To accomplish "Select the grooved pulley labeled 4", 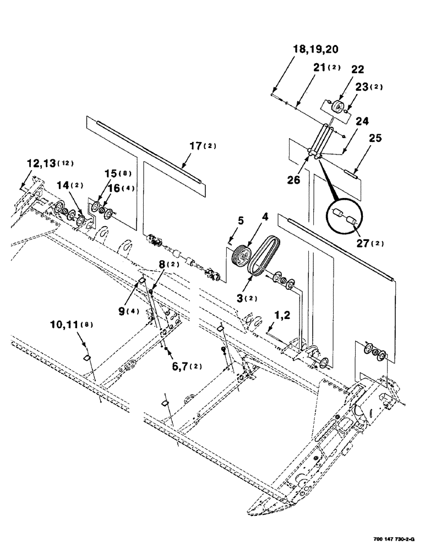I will point(241,258).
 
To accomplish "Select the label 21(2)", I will point(326,68).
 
